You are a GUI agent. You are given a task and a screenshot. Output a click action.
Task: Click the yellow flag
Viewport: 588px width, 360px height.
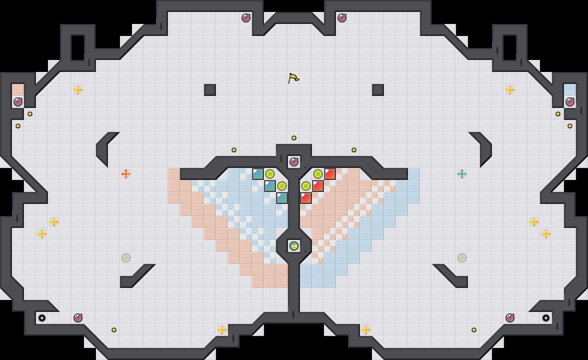pyautogui.click(x=293, y=78)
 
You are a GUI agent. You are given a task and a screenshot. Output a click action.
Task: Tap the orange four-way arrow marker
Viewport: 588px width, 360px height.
pyautogui.click(x=126, y=174)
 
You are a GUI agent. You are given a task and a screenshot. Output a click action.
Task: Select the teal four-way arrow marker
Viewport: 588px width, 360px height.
pyautogui.click(x=462, y=174)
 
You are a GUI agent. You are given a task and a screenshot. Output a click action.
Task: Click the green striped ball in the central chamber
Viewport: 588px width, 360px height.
pyautogui.click(x=294, y=246)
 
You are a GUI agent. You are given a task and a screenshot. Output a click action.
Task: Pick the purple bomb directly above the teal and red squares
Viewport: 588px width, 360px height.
pyautogui.click(x=294, y=162)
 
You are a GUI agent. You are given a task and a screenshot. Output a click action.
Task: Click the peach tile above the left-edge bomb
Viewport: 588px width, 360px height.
pyautogui.click(x=18, y=90)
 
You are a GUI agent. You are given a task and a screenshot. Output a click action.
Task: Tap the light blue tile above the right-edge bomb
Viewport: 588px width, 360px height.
pyautogui.click(x=570, y=90)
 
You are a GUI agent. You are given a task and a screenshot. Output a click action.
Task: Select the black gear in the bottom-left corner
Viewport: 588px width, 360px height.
pyautogui.click(x=42, y=318)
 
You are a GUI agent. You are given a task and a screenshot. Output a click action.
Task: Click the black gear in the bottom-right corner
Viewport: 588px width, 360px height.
pyautogui.click(x=546, y=318)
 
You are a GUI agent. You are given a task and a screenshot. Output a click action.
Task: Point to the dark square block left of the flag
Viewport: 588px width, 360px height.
pyautogui.click(x=210, y=90)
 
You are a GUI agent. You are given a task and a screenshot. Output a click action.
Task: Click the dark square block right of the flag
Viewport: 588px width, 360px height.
pyautogui.click(x=378, y=90)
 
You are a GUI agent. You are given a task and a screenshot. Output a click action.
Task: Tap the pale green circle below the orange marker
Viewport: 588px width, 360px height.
pyautogui.click(x=126, y=258)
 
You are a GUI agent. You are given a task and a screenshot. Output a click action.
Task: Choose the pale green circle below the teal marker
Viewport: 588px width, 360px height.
pyautogui.click(x=462, y=258)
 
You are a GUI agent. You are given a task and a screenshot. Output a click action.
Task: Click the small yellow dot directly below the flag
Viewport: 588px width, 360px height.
pyautogui.click(x=294, y=138)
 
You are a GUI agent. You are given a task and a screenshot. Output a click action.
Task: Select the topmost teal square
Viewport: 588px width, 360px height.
pyautogui.click(x=258, y=174)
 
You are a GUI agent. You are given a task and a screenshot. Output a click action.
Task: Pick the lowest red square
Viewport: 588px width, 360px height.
pyautogui.click(x=306, y=198)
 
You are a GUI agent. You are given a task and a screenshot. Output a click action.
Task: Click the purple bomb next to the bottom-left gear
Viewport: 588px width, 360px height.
pyautogui.click(x=78, y=318)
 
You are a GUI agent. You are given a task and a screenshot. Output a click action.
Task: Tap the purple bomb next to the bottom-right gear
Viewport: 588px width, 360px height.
pyautogui.click(x=510, y=318)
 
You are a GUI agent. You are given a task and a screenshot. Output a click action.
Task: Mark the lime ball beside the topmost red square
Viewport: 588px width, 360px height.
pyautogui.click(x=318, y=174)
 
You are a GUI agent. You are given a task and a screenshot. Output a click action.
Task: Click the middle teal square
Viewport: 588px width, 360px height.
pyautogui.click(x=270, y=186)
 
